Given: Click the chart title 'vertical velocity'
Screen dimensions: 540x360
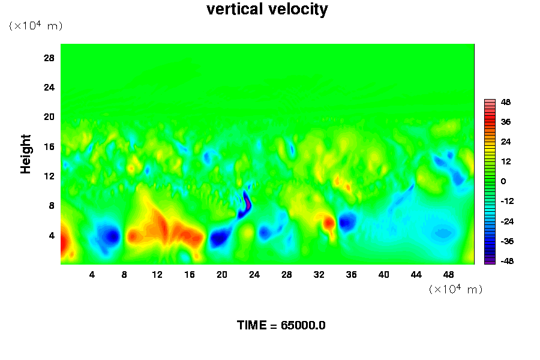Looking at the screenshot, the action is [x=267, y=9].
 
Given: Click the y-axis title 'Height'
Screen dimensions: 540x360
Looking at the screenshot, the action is [x=25, y=154].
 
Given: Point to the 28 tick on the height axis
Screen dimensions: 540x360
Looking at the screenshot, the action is [x=49, y=58].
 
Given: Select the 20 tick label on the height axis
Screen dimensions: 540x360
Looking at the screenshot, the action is [x=49, y=117].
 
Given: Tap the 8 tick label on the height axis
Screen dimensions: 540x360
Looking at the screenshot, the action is [x=52, y=206].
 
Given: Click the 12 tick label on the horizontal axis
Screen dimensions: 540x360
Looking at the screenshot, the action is [x=157, y=275].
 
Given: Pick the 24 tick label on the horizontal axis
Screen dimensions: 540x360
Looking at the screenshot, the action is [x=254, y=275].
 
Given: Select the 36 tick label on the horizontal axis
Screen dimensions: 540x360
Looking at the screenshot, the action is [x=351, y=275].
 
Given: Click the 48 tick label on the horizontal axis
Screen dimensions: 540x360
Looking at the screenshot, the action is [x=448, y=275].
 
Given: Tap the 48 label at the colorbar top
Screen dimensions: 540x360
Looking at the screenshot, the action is [x=506, y=102].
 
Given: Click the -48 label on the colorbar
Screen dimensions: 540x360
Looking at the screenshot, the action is [x=507, y=261].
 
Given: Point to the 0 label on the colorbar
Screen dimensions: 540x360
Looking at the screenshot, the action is [x=503, y=181].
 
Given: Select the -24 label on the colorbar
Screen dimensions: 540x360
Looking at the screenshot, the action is [x=507, y=221].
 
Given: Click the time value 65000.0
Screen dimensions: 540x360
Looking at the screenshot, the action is [x=303, y=325].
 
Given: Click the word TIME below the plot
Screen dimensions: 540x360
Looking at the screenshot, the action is [x=252, y=325].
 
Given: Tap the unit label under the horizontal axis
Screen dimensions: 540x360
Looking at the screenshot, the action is [x=455, y=289].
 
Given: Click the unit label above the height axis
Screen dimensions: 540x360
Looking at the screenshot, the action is [x=35, y=25].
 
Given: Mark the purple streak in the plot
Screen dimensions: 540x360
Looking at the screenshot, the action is [x=247, y=202].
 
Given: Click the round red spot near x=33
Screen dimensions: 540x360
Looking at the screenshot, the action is [x=329, y=223].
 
